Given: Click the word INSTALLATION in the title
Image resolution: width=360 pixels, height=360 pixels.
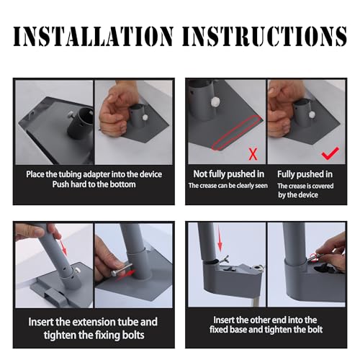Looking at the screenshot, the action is (93, 36).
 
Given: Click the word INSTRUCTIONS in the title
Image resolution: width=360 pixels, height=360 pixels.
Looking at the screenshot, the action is (264, 36).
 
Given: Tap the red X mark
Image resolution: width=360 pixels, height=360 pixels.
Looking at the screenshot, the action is (253, 154).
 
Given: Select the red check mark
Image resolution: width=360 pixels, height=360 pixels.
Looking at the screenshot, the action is (330, 153).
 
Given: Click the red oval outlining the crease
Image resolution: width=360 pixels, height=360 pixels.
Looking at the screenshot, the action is (236, 132).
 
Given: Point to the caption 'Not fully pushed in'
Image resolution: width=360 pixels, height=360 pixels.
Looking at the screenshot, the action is (229, 174).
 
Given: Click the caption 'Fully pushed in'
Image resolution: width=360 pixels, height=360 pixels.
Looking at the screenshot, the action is (305, 174).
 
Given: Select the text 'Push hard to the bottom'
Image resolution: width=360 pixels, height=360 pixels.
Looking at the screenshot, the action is (94, 184).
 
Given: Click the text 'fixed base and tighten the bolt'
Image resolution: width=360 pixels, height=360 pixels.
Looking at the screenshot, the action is (266, 329).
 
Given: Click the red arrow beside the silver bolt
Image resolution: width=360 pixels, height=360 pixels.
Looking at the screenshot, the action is (125, 275).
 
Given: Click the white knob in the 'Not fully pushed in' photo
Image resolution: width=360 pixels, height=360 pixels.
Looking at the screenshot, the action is (215, 103).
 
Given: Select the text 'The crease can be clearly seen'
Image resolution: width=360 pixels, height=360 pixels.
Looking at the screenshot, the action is (228, 186).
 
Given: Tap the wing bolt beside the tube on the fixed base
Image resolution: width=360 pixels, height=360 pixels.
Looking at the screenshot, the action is (225, 259).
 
